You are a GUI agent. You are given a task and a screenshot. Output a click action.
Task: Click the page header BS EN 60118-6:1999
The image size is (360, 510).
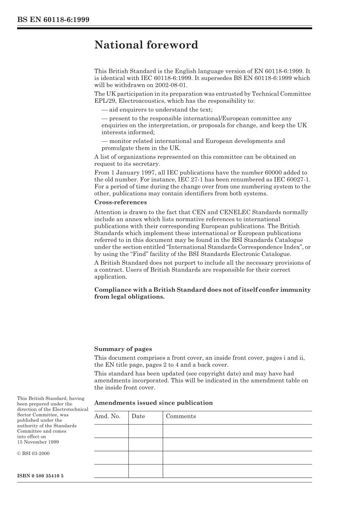53,20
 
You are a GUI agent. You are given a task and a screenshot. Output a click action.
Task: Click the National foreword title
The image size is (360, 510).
146,45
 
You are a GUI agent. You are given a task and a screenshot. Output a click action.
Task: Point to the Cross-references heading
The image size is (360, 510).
120,202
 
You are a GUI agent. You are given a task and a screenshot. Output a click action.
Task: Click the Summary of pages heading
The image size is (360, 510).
123,349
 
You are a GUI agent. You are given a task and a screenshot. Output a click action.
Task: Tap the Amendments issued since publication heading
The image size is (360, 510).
153,403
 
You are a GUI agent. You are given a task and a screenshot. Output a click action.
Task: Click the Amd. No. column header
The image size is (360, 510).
107,416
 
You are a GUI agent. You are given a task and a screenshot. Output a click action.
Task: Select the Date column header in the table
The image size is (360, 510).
138,416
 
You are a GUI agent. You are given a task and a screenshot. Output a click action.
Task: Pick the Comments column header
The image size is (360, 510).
181,416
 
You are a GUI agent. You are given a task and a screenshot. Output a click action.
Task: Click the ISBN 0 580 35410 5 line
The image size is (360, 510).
40,475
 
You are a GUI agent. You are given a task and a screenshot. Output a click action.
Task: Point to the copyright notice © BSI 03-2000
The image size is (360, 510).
33,454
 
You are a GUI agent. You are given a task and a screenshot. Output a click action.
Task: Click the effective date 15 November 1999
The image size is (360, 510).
38,442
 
